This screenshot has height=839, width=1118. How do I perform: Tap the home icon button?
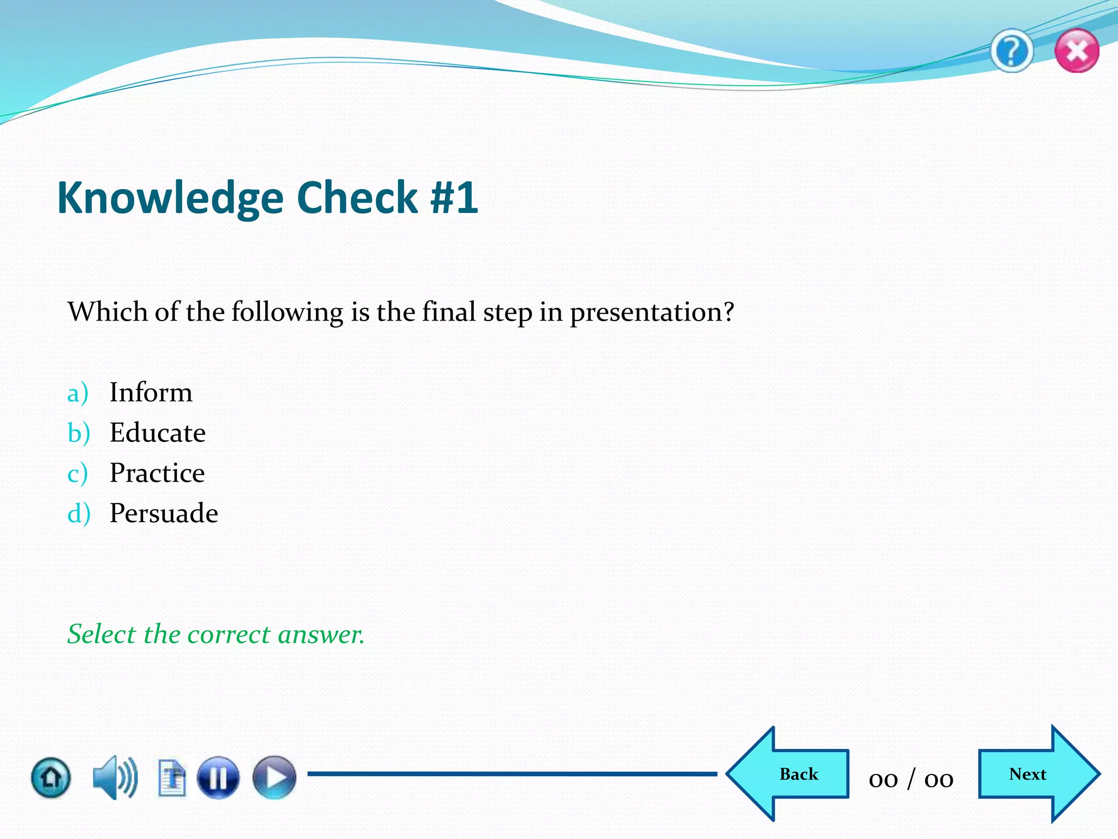(x=51, y=777)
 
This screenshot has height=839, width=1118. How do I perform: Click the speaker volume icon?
(x=115, y=777)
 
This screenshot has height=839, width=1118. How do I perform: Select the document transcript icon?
(x=172, y=777)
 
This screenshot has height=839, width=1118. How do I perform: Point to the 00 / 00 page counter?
(x=911, y=778)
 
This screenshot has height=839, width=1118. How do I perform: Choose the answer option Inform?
(x=151, y=392)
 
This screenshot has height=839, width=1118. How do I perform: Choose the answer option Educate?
(x=157, y=433)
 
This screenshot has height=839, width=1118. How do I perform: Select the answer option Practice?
(x=157, y=472)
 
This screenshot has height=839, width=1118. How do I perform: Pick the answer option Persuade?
(x=163, y=513)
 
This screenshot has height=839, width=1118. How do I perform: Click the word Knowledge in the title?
(x=170, y=198)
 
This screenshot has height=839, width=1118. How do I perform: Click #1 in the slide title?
(x=454, y=198)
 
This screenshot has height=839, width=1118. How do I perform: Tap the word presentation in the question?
(x=651, y=312)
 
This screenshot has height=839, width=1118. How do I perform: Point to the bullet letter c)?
(x=78, y=473)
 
